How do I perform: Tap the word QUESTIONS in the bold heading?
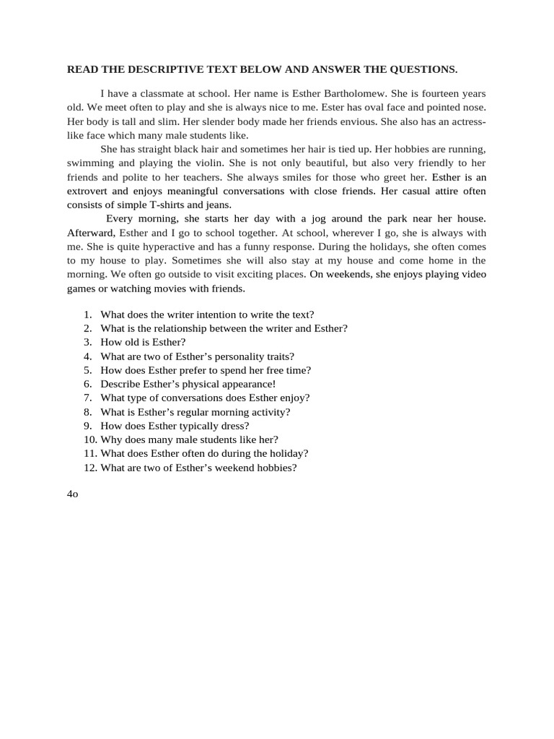[x=423, y=69]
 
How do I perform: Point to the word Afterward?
[x=90, y=233]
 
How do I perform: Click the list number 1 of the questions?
[x=87, y=315]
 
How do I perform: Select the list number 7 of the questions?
[x=87, y=398]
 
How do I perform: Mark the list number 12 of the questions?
[x=89, y=467]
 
